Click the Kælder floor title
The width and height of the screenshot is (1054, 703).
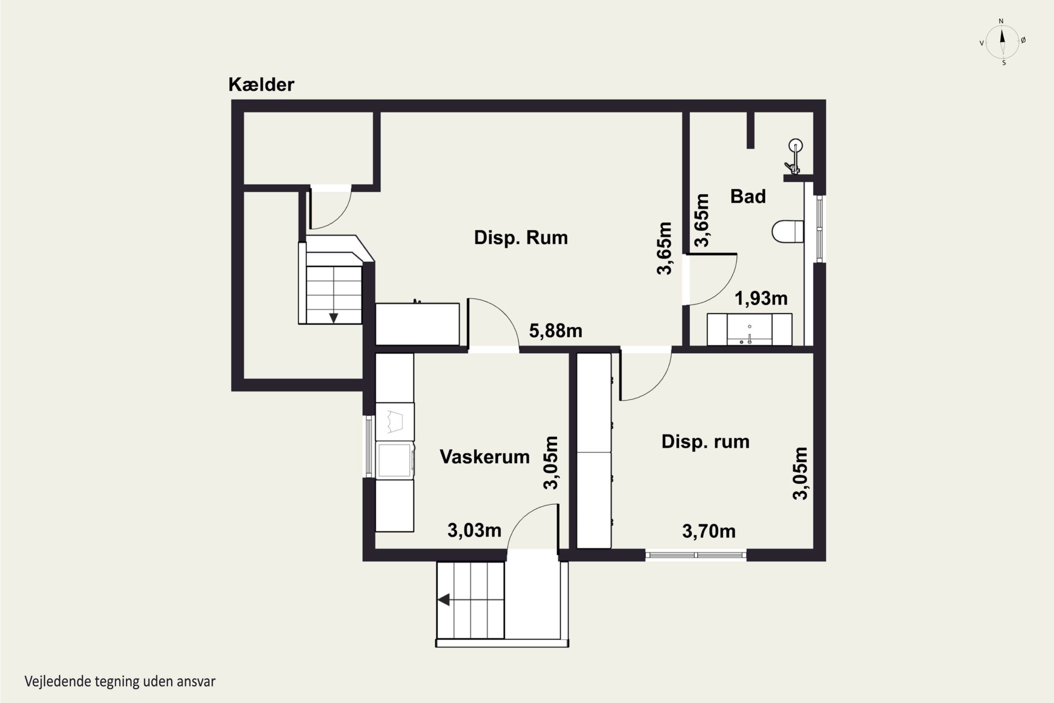tap(261, 84)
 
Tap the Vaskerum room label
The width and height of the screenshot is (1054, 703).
tap(484, 457)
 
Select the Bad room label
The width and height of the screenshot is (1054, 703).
tap(748, 196)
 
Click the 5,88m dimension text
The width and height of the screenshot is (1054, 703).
tap(556, 331)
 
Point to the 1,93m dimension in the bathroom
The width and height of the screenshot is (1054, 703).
tap(761, 298)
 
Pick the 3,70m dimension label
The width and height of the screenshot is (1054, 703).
tap(709, 531)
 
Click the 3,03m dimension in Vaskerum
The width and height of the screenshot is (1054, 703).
tap(474, 530)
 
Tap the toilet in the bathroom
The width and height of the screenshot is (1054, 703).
tap(788, 231)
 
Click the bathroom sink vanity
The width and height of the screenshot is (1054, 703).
tap(749, 330)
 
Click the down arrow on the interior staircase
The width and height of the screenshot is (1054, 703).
tap(333, 317)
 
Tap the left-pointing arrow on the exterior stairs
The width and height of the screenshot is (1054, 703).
tap(444, 599)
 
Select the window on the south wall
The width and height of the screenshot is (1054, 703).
tap(696, 555)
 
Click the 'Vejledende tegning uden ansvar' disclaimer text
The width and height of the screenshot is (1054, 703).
tap(120, 682)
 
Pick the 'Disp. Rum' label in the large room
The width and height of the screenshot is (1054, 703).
tap(521, 238)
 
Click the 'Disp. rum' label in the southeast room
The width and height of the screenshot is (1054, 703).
tap(705, 441)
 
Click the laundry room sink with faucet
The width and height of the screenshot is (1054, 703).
tap(417, 324)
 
